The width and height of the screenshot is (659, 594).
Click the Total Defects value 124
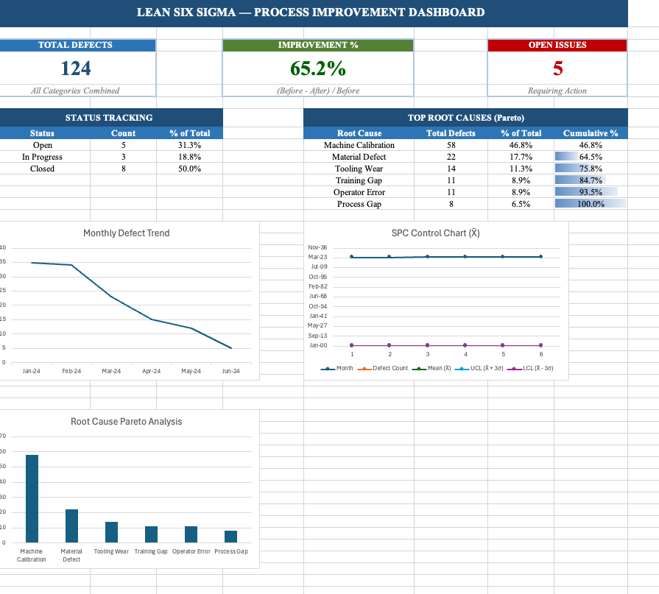[75, 68]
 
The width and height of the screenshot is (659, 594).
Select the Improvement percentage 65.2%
[318, 68]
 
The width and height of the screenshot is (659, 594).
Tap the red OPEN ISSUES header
[557, 45]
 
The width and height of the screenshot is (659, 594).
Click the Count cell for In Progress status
[123, 157]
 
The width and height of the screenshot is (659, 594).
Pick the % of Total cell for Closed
[189, 169]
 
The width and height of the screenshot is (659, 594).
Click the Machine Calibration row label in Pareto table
[359, 145]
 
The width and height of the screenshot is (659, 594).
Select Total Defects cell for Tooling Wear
[451, 169]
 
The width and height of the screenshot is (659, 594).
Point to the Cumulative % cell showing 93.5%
[591, 192]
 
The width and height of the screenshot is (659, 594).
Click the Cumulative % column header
[591, 133]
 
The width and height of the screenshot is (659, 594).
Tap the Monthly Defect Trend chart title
[126, 233]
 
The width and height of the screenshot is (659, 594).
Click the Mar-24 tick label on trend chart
[111, 372]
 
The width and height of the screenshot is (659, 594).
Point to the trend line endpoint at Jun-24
[231, 348]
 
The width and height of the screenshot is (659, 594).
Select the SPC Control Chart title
[435, 233]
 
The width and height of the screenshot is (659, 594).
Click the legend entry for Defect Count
[387, 368]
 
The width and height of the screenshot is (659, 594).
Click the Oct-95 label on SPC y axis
[318, 277]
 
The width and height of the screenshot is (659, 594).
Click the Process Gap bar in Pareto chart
[231, 537]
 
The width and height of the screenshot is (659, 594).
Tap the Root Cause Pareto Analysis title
[126, 422]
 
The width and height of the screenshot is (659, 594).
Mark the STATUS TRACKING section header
[109, 118]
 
